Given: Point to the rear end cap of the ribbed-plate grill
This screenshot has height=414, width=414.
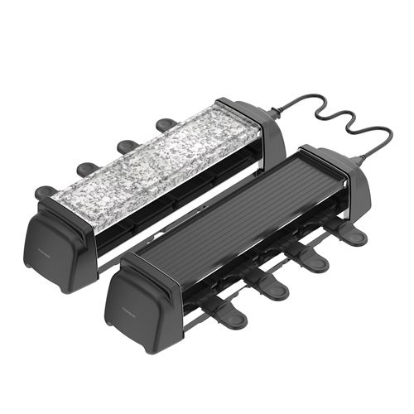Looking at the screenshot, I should [335, 178].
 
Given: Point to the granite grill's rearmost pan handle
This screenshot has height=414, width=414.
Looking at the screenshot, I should [165, 125].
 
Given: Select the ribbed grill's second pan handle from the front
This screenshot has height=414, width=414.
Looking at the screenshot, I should [272, 291].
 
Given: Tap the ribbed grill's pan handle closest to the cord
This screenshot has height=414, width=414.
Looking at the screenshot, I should [352, 237].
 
